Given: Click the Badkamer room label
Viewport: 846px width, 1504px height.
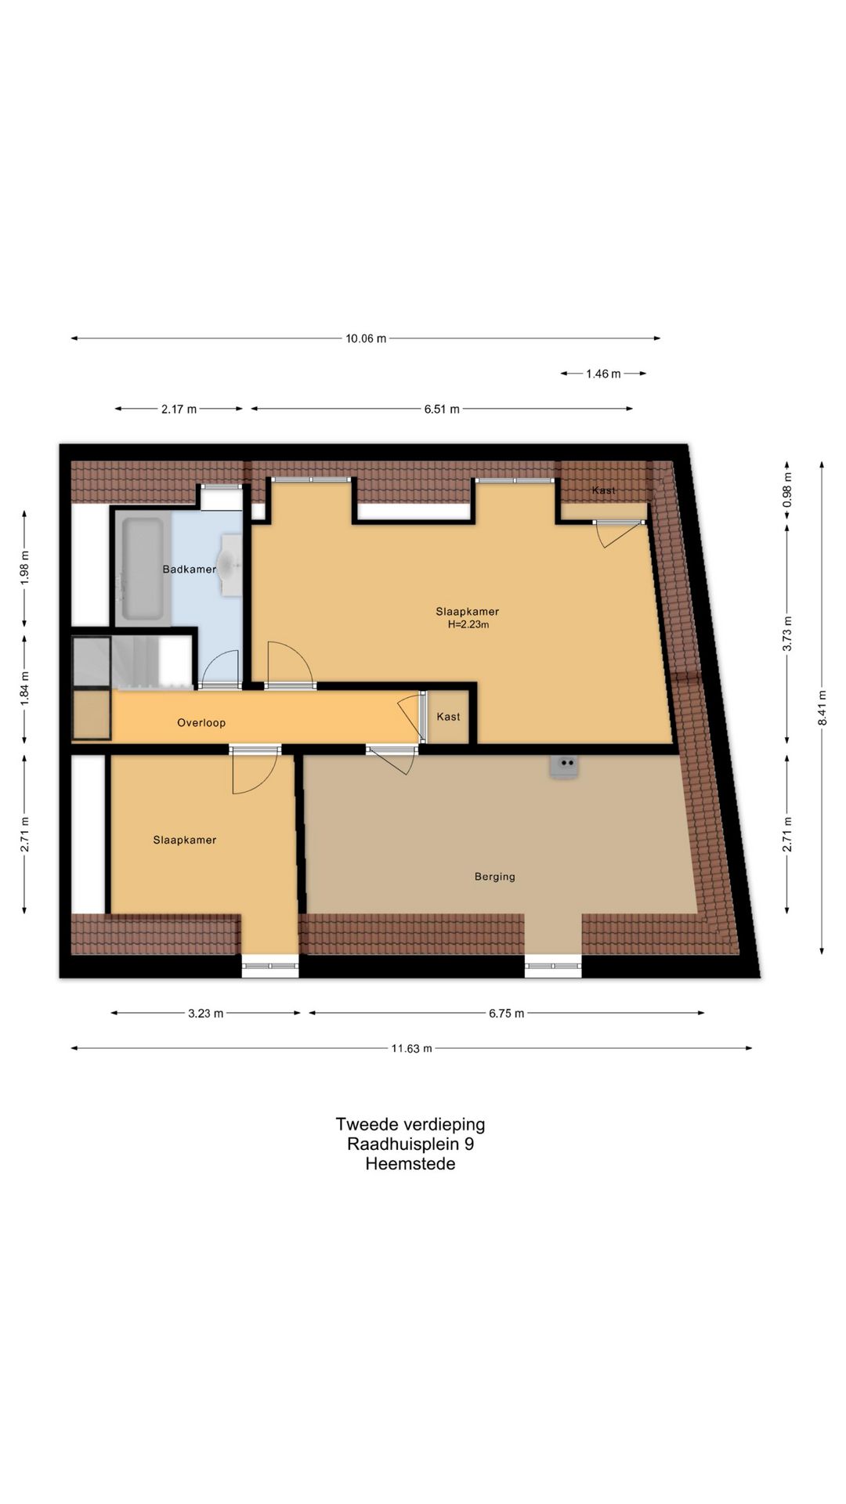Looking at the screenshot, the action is pos(189,569).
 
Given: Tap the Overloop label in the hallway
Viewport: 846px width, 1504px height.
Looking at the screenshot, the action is pos(201,723).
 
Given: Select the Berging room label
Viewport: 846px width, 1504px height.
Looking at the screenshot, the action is pos(495,877).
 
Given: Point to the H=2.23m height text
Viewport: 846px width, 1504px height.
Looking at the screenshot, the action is pos(468,624).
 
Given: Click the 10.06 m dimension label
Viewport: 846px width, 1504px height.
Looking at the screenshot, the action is pos(366,338).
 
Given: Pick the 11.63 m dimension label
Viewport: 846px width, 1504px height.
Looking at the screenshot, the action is pos(412,1048).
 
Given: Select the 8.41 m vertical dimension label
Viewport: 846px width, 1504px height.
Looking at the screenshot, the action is pos(822,707).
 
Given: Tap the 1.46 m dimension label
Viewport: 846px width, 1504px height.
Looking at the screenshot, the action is pos(603,374).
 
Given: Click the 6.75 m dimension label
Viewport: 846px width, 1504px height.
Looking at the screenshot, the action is pos(506,1014).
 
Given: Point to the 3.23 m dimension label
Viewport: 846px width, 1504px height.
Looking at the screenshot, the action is pos(205,1014).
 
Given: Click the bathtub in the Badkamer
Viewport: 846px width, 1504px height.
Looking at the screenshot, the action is pos(143,567).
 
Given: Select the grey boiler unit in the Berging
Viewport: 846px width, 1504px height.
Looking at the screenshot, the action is pos(564,767).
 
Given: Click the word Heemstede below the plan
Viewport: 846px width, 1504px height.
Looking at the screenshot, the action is pos(410,1164).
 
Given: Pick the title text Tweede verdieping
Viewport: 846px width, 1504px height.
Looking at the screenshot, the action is pos(410,1125).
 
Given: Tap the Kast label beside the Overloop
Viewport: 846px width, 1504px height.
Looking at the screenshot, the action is pos(448,717).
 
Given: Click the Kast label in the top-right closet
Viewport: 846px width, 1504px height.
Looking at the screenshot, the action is pos(603,490).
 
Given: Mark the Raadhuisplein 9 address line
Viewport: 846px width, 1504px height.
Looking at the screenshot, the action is pos(410,1144).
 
